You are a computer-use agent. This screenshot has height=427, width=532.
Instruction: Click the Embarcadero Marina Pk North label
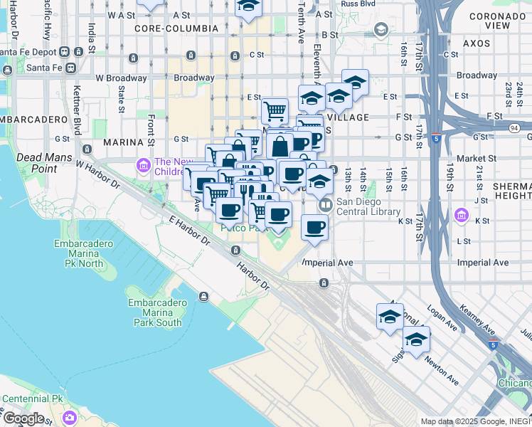pyautogui.click(x=84, y=253)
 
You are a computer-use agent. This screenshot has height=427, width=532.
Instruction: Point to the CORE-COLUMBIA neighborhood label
pyautogui.click(x=176, y=28)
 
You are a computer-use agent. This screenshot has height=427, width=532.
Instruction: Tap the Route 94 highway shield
pyautogui.click(x=512, y=127)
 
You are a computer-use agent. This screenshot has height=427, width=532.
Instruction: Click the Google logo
pyautogui.click(x=23, y=418)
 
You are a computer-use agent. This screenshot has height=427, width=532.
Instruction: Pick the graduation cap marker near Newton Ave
pyautogui.click(x=417, y=340)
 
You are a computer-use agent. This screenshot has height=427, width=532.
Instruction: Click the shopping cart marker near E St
pyautogui.click(x=275, y=111)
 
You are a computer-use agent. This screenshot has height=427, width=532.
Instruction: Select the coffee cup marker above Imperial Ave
pyautogui.click(x=314, y=228)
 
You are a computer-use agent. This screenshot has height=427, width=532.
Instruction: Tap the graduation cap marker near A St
pyautogui.click(x=248, y=6)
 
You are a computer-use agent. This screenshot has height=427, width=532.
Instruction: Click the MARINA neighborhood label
pyautogui.click(x=124, y=142)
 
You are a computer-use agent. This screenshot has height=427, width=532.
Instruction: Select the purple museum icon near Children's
pyautogui.click(x=143, y=166)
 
